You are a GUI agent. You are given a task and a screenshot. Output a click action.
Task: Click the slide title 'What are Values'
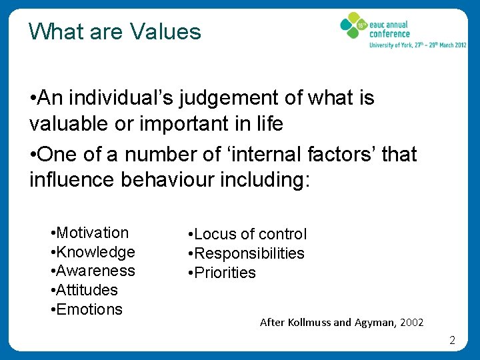(x=115, y=31)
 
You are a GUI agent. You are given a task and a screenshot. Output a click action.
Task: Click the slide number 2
(x=452, y=341)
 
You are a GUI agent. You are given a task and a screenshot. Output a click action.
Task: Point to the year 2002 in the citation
(x=412, y=322)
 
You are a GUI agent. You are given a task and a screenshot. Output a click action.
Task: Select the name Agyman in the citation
(x=375, y=322)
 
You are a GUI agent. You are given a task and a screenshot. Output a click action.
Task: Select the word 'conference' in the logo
(x=390, y=34)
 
